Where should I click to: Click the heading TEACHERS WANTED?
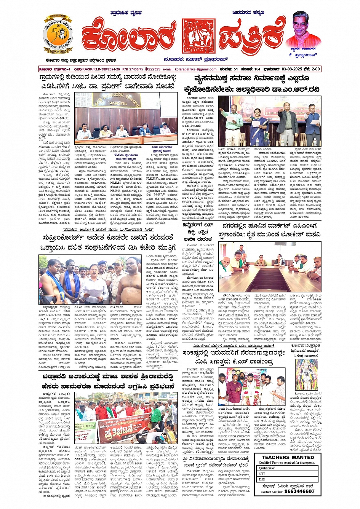(x=288, y=457)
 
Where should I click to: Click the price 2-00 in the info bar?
(x=316, y=69)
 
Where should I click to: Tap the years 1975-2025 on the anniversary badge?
(x=58, y=51)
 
